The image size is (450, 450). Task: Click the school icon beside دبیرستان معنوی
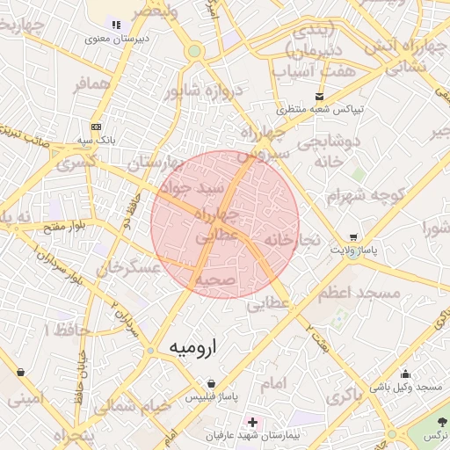[116, 25]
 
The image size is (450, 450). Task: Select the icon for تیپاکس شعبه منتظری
[319, 96]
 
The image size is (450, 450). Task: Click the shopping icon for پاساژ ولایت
[353, 236]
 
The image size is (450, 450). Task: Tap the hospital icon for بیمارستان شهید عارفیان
[253, 423]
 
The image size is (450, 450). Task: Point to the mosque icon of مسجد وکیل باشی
[431, 374]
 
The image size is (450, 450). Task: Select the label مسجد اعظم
[359, 292]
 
